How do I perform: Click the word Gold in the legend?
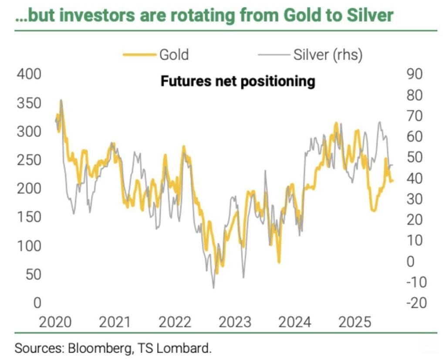point(174,55)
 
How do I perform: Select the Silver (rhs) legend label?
point(328,55)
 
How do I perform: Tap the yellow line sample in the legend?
point(139,55)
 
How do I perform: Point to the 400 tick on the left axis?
point(29,74)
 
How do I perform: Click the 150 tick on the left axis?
point(29,217)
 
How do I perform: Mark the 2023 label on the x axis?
point(235,323)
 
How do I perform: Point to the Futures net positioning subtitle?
point(238,82)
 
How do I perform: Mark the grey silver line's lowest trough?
point(213,288)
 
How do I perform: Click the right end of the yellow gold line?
point(393,181)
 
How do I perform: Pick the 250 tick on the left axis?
point(29,160)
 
